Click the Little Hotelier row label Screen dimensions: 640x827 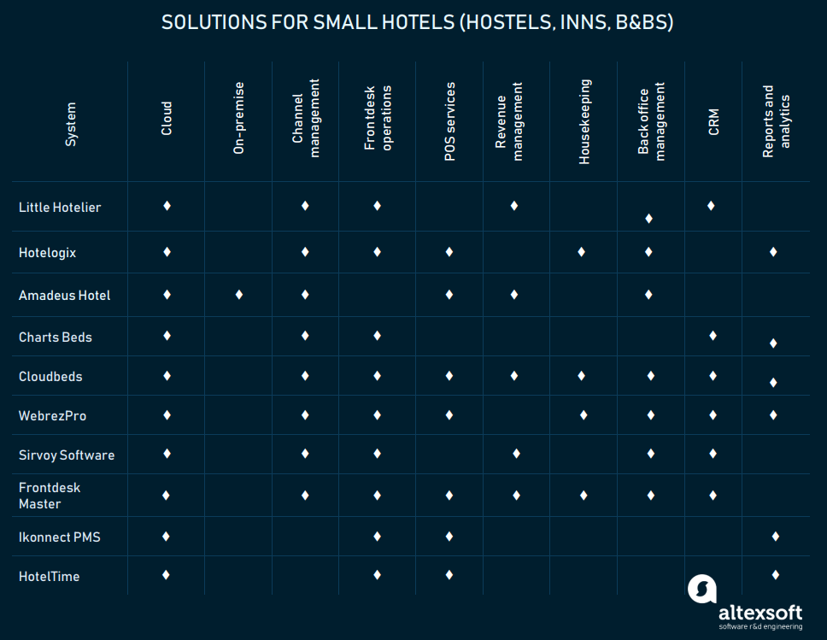point(60,208)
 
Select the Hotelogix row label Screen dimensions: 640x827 point(48,253)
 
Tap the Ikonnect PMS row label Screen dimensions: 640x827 point(60,537)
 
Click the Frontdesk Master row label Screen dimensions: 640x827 point(50,496)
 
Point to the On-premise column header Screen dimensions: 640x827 point(239,118)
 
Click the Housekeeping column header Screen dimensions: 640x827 point(584,121)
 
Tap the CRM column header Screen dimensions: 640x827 point(713,121)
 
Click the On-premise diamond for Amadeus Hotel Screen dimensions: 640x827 point(239,295)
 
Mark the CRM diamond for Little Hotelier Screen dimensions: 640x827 point(711,205)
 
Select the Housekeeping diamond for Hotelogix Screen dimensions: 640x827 point(581,252)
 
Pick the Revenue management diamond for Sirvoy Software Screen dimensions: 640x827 point(516,453)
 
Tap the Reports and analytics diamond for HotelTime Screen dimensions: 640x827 point(775,575)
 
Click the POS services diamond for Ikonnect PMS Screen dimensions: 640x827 point(449,536)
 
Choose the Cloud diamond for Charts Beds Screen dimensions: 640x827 point(167,335)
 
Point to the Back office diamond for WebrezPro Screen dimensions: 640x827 point(650,415)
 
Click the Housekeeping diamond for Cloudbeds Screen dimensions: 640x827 point(581,376)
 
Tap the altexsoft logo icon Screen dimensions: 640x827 point(702,589)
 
